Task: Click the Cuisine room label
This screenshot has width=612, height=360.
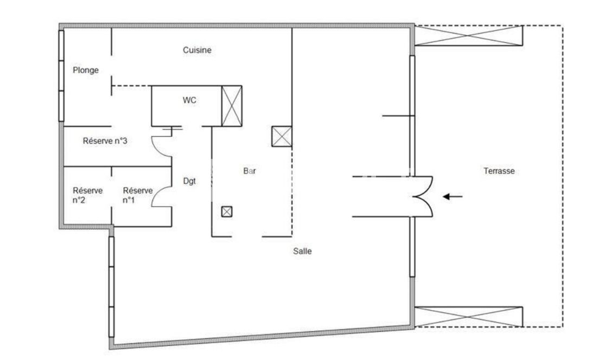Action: point(197,50)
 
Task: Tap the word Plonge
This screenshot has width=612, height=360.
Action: point(86,70)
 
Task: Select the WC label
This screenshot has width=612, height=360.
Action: point(189,100)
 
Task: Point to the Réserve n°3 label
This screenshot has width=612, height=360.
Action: point(105,141)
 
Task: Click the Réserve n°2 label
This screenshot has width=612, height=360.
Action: point(87,195)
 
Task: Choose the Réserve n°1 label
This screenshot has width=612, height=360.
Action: point(137,195)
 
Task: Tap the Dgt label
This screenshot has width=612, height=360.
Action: point(189,181)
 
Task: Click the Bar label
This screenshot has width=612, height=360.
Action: point(250,171)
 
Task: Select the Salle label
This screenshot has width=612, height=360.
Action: point(303,251)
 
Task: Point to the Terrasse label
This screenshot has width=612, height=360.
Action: point(499,171)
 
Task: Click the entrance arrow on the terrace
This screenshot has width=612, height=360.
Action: point(452,197)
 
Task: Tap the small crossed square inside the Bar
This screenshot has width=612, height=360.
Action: point(227,212)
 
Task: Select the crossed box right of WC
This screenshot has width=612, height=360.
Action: point(232,106)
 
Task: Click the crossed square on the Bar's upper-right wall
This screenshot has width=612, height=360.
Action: point(282,137)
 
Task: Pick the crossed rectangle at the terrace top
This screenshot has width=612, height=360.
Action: point(468,35)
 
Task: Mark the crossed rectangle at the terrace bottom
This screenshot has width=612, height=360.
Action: point(468,317)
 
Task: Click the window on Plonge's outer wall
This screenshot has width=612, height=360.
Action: point(61,76)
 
